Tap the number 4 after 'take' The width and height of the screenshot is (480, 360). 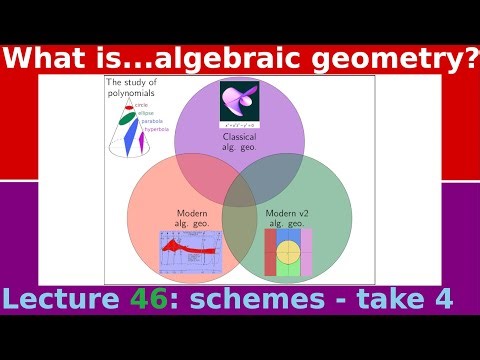[x=441, y=298]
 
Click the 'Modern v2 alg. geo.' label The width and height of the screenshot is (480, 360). [x=288, y=217]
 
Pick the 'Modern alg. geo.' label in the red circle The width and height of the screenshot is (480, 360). [x=192, y=217]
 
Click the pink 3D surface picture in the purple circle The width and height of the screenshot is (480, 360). [x=239, y=103]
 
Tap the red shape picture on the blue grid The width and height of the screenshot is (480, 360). [x=191, y=252]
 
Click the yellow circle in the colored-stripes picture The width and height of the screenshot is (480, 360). [x=288, y=251]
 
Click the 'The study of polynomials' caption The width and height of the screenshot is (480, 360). [x=132, y=89]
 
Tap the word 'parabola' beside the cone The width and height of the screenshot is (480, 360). [x=155, y=122]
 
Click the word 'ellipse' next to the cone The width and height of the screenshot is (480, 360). [x=150, y=114]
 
